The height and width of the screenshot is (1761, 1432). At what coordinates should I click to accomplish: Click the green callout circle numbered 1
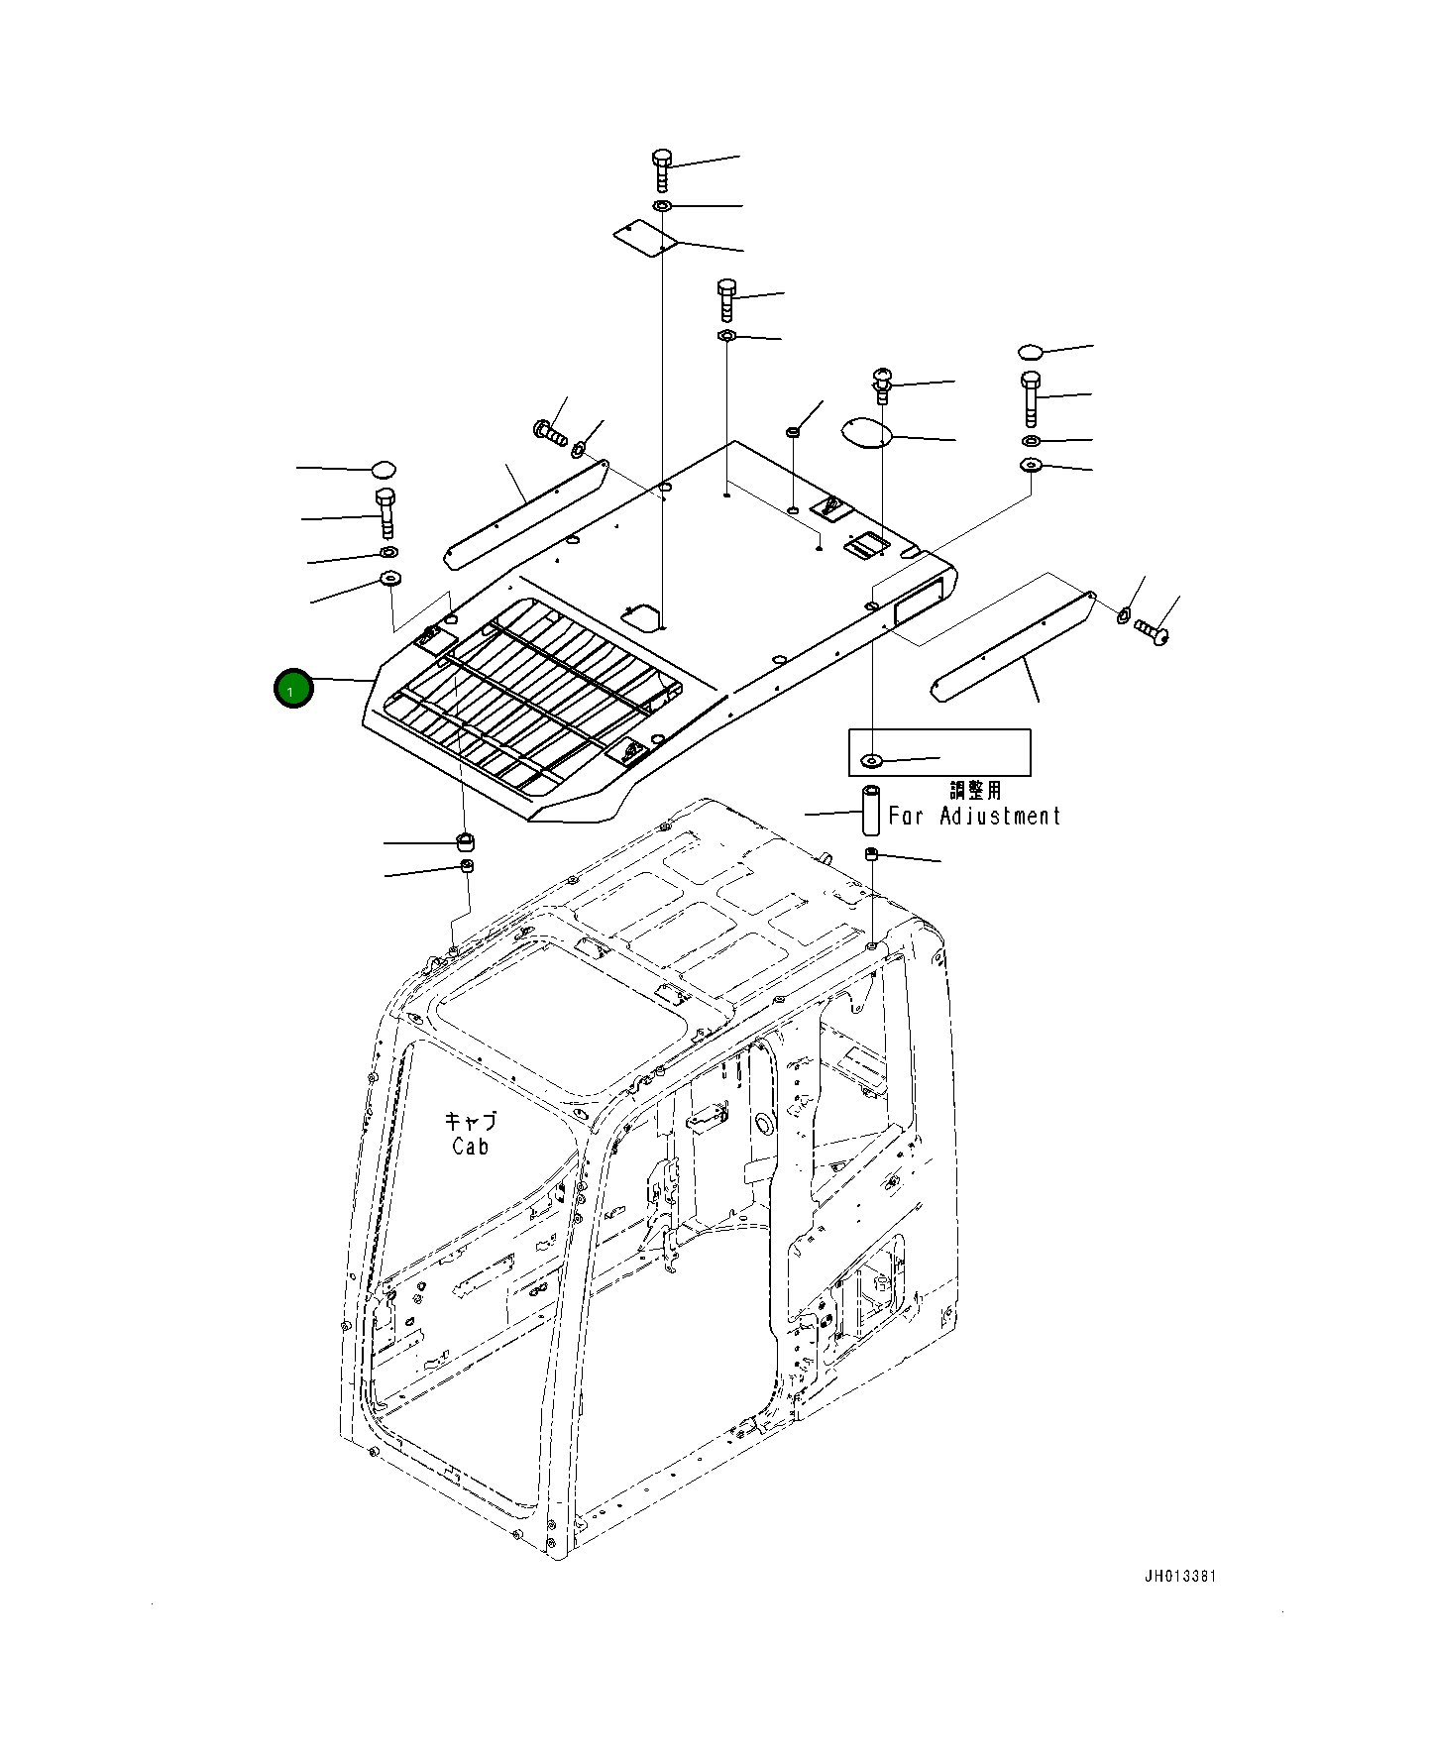click(x=293, y=689)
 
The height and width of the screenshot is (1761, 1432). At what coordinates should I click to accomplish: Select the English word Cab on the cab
click(x=470, y=1147)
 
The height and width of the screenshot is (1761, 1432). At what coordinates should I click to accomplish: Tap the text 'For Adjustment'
click(x=974, y=817)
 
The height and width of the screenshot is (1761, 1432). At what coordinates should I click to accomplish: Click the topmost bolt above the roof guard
click(x=662, y=169)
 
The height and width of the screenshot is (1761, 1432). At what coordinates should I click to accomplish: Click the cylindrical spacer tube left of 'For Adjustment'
click(x=870, y=810)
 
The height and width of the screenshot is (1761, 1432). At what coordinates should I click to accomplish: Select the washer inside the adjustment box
click(x=872, y=760)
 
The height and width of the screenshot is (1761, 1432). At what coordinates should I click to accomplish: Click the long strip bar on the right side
click(x=1013, y=646)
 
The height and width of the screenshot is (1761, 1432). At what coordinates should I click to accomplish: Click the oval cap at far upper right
click(x=1031, y=351)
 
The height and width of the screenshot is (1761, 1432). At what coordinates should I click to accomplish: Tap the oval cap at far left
click(x=384, y=468)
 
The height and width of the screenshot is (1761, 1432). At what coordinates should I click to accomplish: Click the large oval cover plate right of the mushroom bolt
click(x=865, y=432)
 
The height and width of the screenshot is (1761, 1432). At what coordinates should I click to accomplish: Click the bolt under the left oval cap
click(x=385, y=512)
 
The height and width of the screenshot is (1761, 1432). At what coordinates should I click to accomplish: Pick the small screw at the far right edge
click(x=1152, y=628)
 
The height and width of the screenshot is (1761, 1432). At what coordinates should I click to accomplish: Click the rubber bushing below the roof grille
click(x=465, y=842)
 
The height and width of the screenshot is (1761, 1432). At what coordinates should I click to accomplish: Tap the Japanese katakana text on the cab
click(x=470, y=1122)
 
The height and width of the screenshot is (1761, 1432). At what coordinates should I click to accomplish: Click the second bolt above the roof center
click(x=726, y=298)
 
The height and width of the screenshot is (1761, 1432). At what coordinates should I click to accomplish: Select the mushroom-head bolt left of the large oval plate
click(x=882, y=384)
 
